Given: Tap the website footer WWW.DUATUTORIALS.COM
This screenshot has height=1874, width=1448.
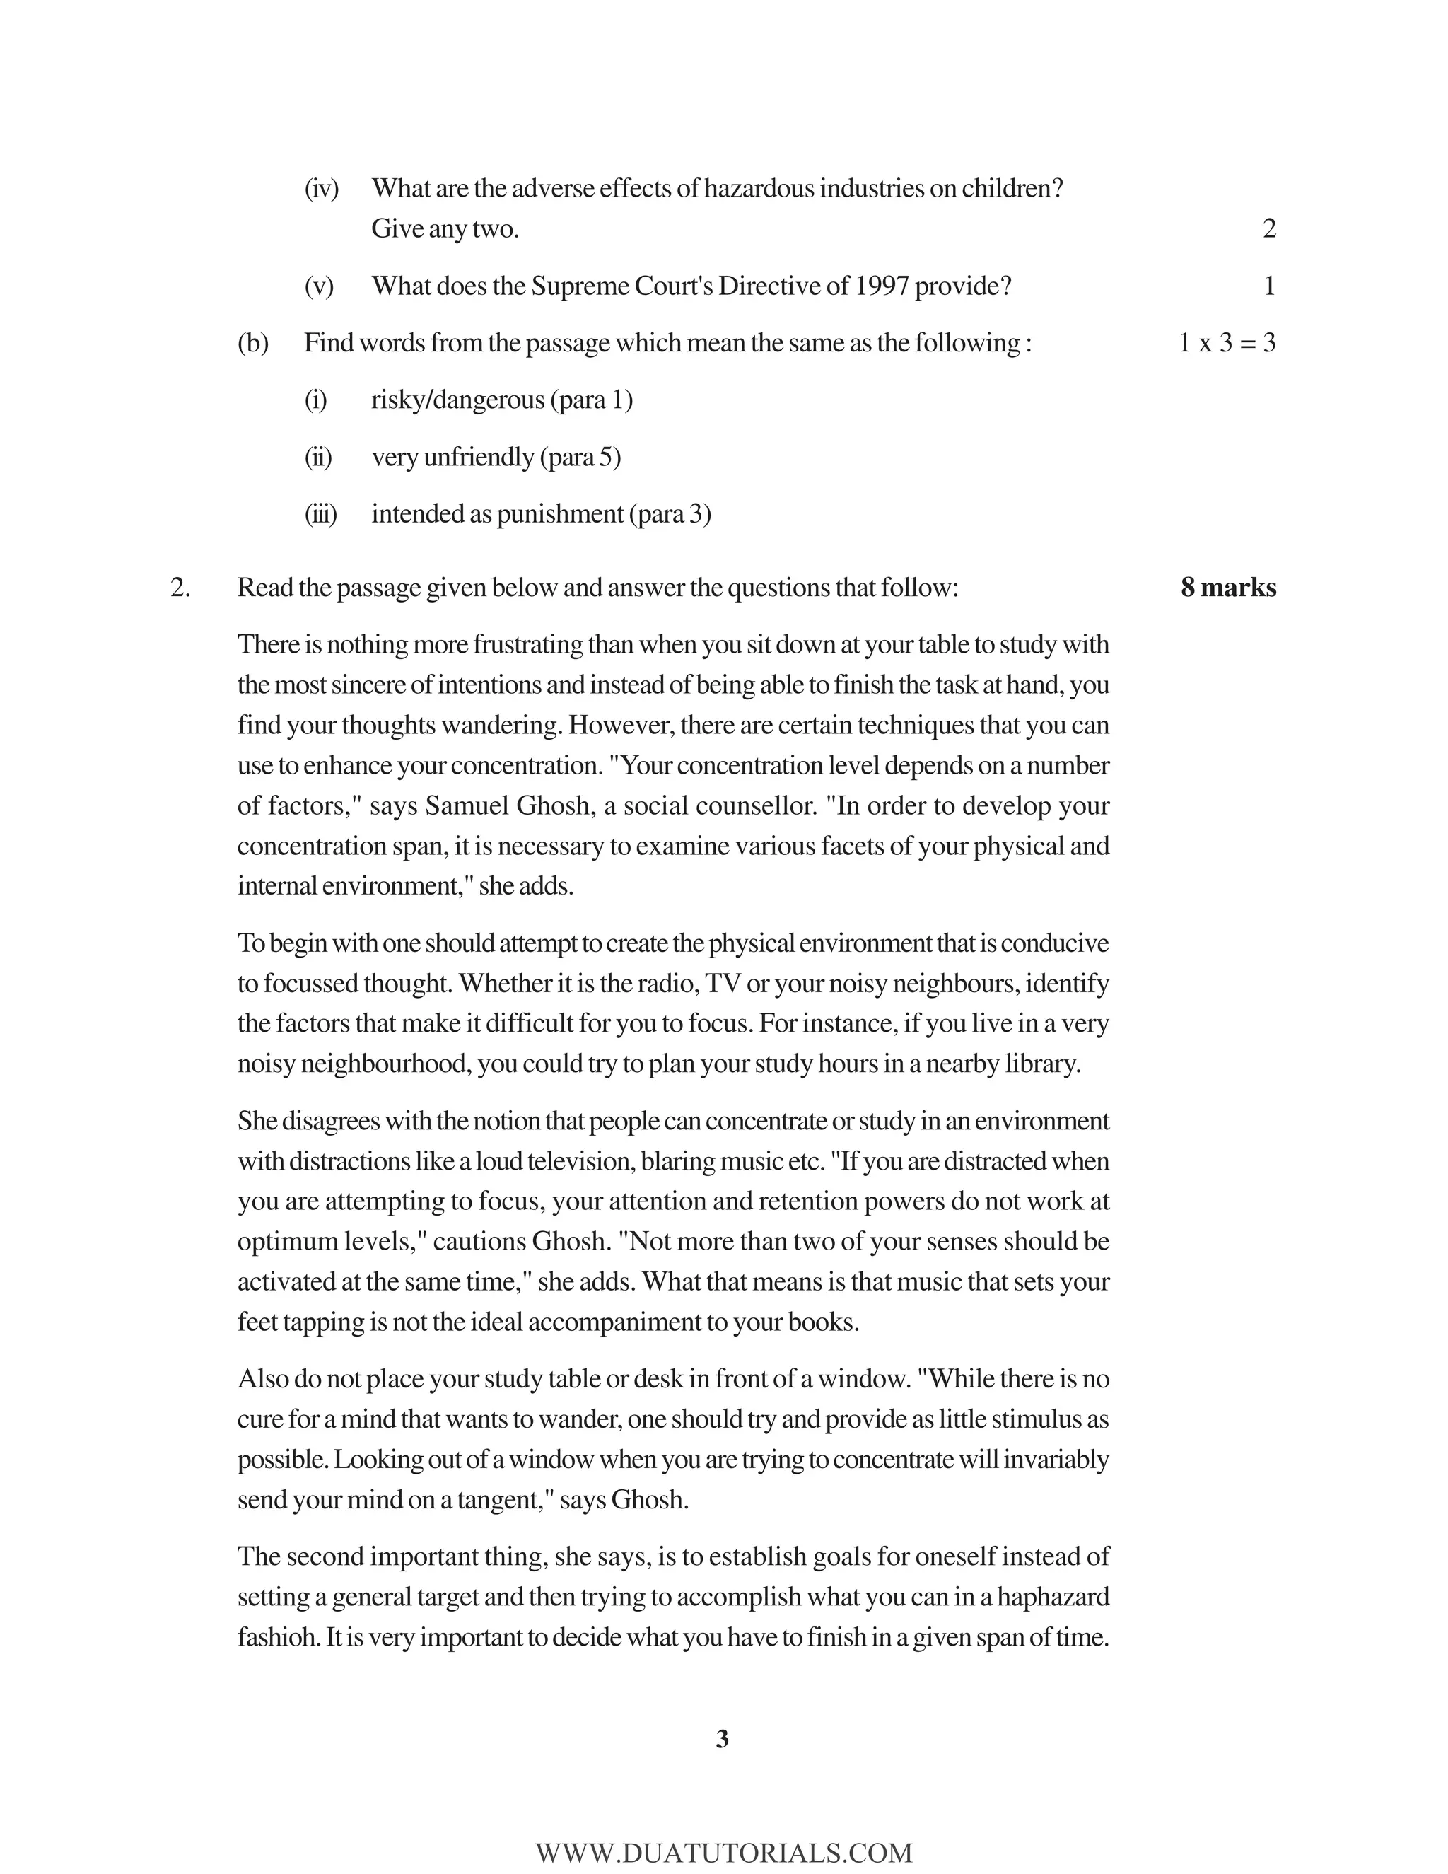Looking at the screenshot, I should click(723, 1853).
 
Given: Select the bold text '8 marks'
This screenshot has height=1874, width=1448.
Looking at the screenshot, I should click(1227, 588).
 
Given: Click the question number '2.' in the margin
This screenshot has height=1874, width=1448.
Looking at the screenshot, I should click(180, 588).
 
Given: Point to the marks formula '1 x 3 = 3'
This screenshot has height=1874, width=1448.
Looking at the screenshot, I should click(1227, 343).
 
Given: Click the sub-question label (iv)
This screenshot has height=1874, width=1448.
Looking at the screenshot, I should click(322, 188).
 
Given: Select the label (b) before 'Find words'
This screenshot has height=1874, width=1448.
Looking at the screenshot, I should click(253, 343).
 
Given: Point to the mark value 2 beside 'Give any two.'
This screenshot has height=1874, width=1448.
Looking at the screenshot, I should click(1268, 228).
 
